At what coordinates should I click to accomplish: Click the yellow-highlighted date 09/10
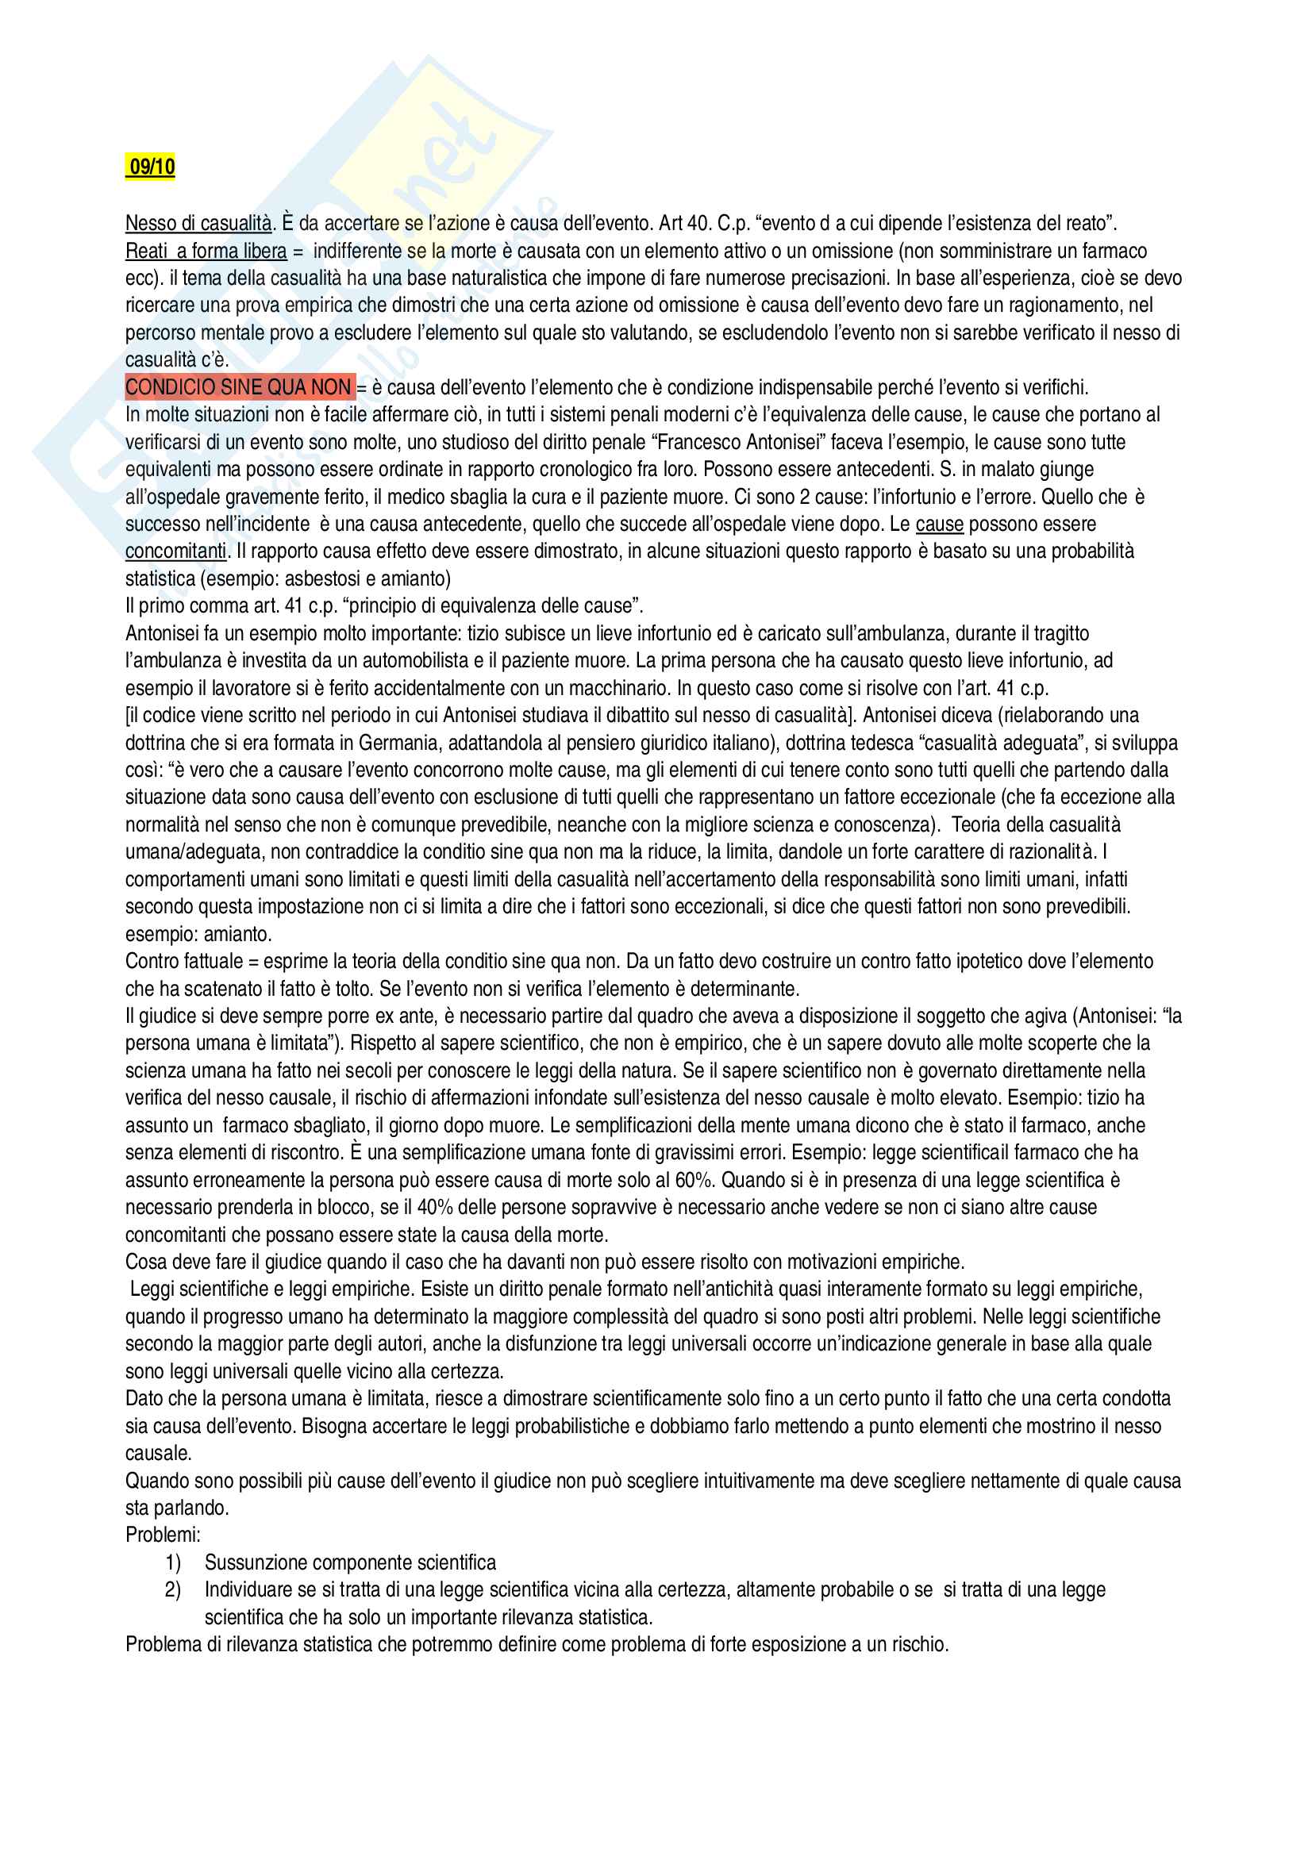tap(151, 167)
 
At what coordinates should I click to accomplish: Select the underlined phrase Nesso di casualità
tap(198, 223)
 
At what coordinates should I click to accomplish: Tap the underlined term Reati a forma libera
tap(206, 251)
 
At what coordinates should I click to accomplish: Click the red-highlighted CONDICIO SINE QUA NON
tap(238, 387)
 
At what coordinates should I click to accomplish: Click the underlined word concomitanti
tap(175, 551)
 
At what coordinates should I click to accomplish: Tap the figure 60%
tap(694, 1180)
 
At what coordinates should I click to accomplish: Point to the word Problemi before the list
tap(163, 1535)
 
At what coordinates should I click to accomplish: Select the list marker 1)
tap(172, 1562)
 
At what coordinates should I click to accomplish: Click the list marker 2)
tap(172, 1590)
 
